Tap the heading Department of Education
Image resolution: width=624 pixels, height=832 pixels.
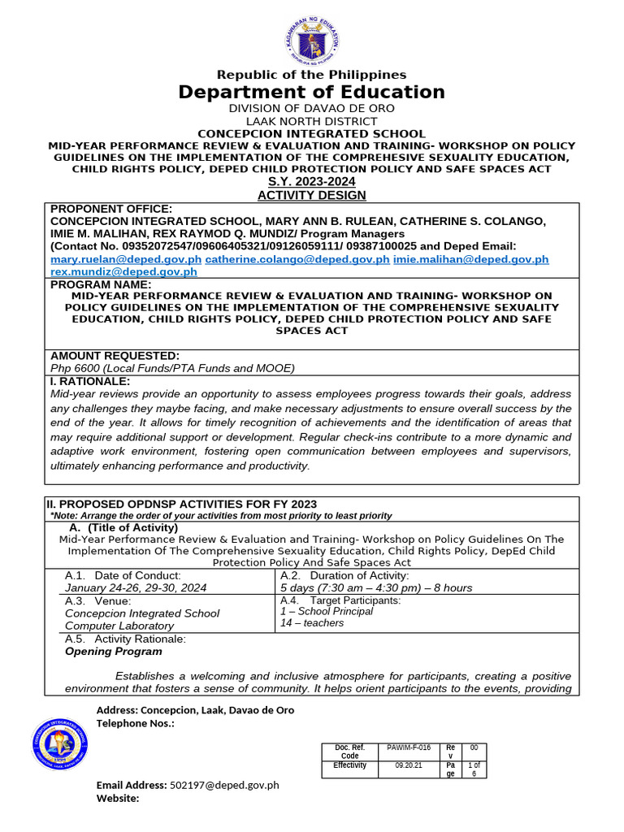click(312, 92)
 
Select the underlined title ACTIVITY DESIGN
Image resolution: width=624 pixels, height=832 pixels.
click(312, 195)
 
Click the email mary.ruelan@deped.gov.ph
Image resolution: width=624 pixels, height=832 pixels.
click(126, 259)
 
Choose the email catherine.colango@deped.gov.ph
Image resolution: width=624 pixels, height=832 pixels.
click(297, 259)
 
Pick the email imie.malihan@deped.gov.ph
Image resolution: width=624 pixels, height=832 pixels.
click(471, 259)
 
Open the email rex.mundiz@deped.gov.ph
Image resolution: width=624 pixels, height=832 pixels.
click(124, 272)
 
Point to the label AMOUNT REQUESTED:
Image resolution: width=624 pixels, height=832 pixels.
click(115, 356)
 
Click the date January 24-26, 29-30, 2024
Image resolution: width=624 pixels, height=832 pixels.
click(136, 587)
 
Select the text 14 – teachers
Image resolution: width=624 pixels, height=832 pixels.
click(312, 623)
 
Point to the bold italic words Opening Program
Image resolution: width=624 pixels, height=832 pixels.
click(113, 651)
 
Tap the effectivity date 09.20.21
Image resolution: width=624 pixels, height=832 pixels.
click(409, 765)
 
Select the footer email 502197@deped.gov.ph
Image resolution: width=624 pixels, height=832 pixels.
click(223, 785)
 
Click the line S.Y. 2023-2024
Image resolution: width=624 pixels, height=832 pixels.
click(312, 182)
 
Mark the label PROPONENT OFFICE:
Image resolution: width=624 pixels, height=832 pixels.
click(111, 209)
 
